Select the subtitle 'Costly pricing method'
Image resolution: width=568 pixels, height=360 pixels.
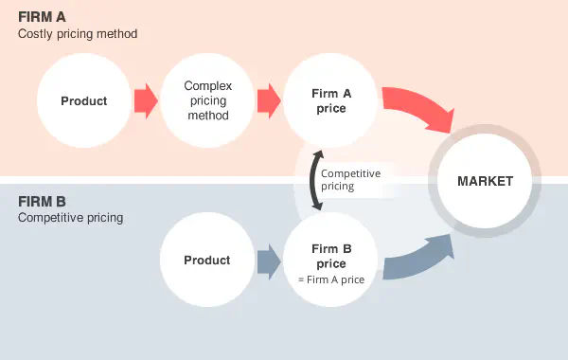78,34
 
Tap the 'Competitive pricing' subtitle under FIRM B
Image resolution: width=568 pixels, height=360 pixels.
70,218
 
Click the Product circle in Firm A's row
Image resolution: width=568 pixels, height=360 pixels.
84,101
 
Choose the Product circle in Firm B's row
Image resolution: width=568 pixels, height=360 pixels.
206,261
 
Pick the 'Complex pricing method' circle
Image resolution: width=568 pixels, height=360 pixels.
207,101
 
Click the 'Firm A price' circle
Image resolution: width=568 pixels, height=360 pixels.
330,101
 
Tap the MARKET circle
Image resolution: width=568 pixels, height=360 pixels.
485,181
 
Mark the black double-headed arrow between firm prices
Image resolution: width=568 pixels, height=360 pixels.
314,180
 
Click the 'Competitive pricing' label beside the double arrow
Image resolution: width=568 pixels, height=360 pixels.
350,180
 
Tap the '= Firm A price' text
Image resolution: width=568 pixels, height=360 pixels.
331,279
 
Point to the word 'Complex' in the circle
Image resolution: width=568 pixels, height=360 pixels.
207,85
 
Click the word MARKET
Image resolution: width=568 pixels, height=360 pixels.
485,181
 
